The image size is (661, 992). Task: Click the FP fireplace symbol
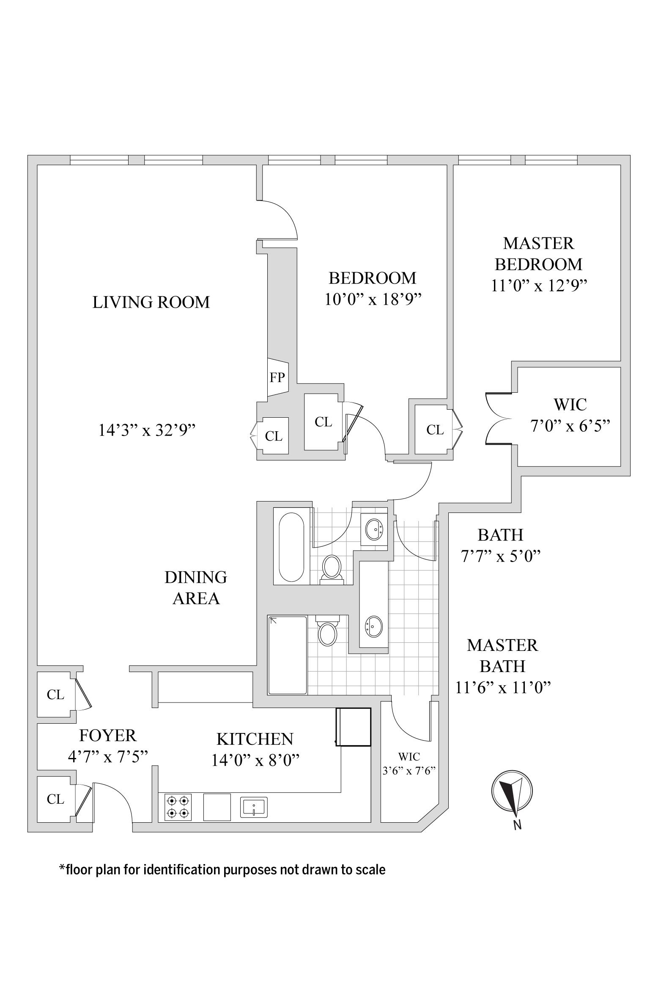[278, 377]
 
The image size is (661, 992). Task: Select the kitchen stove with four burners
[178, 807]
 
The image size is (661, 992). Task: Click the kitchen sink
[254, 807]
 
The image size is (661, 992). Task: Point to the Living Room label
[151, 302]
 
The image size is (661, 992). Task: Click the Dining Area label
[196, 588]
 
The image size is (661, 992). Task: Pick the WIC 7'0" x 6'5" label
[570, 415]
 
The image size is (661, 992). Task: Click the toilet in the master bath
[328, 632]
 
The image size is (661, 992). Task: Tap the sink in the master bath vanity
[374, 626]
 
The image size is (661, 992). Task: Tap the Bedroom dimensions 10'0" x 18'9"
[373, 299]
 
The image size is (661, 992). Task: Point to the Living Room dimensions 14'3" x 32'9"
[147, 430]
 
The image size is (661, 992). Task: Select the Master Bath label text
[502, 656]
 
